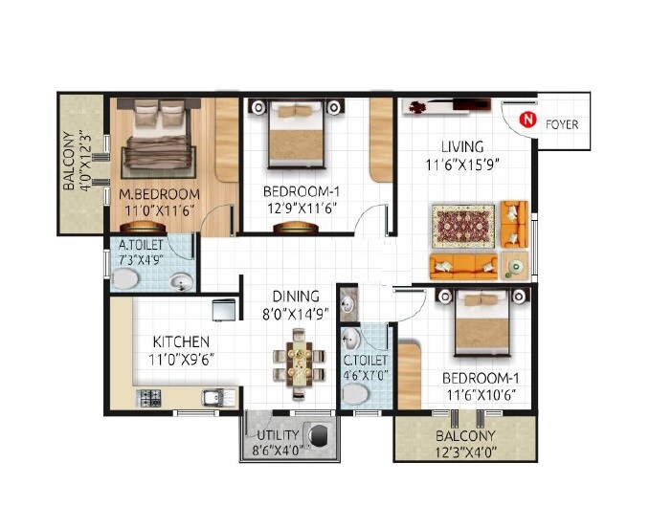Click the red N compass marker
pos(526,120)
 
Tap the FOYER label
pos(561,124)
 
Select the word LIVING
pos(461,146)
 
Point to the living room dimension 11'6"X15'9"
pos(463,164)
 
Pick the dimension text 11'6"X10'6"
pos(481,393)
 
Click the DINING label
pos(293,297)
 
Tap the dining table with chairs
pos(298,363)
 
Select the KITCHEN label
pos(181,341)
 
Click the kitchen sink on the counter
pos(213,396)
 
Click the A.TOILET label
pos(140,245)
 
